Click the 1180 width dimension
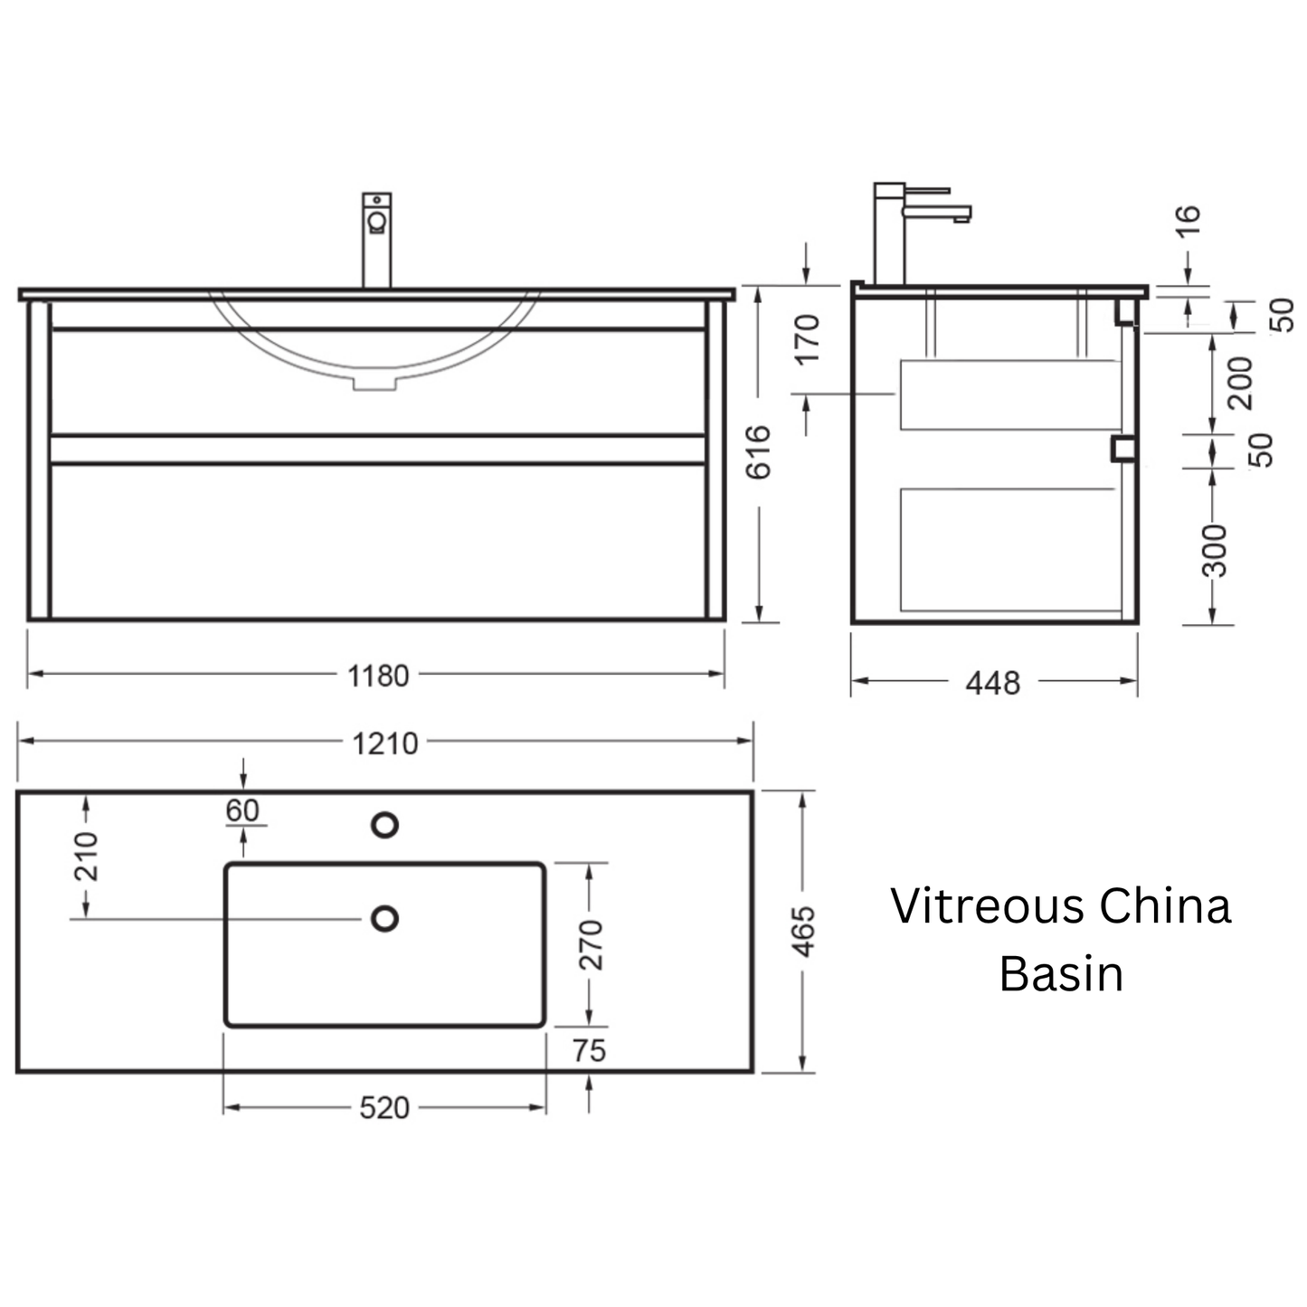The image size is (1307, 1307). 378,677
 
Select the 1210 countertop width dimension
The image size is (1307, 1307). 384,744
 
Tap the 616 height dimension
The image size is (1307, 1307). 758,452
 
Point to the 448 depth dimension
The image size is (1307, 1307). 992,683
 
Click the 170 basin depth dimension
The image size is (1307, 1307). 807,340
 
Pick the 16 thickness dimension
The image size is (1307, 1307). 1188,221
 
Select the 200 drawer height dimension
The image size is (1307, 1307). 1240,384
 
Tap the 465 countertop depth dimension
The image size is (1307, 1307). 804,932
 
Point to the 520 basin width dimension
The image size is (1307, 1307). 384,1108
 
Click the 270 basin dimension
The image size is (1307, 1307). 590,945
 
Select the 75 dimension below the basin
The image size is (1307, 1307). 589,1051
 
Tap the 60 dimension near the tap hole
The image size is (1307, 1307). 242,810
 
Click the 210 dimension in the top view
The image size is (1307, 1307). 86,857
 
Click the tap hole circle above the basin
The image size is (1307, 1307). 384,825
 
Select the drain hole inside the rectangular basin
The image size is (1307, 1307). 384,919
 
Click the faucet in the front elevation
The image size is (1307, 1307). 376,240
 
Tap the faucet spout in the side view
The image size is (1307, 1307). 938,213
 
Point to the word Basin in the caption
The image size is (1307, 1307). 1061,974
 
